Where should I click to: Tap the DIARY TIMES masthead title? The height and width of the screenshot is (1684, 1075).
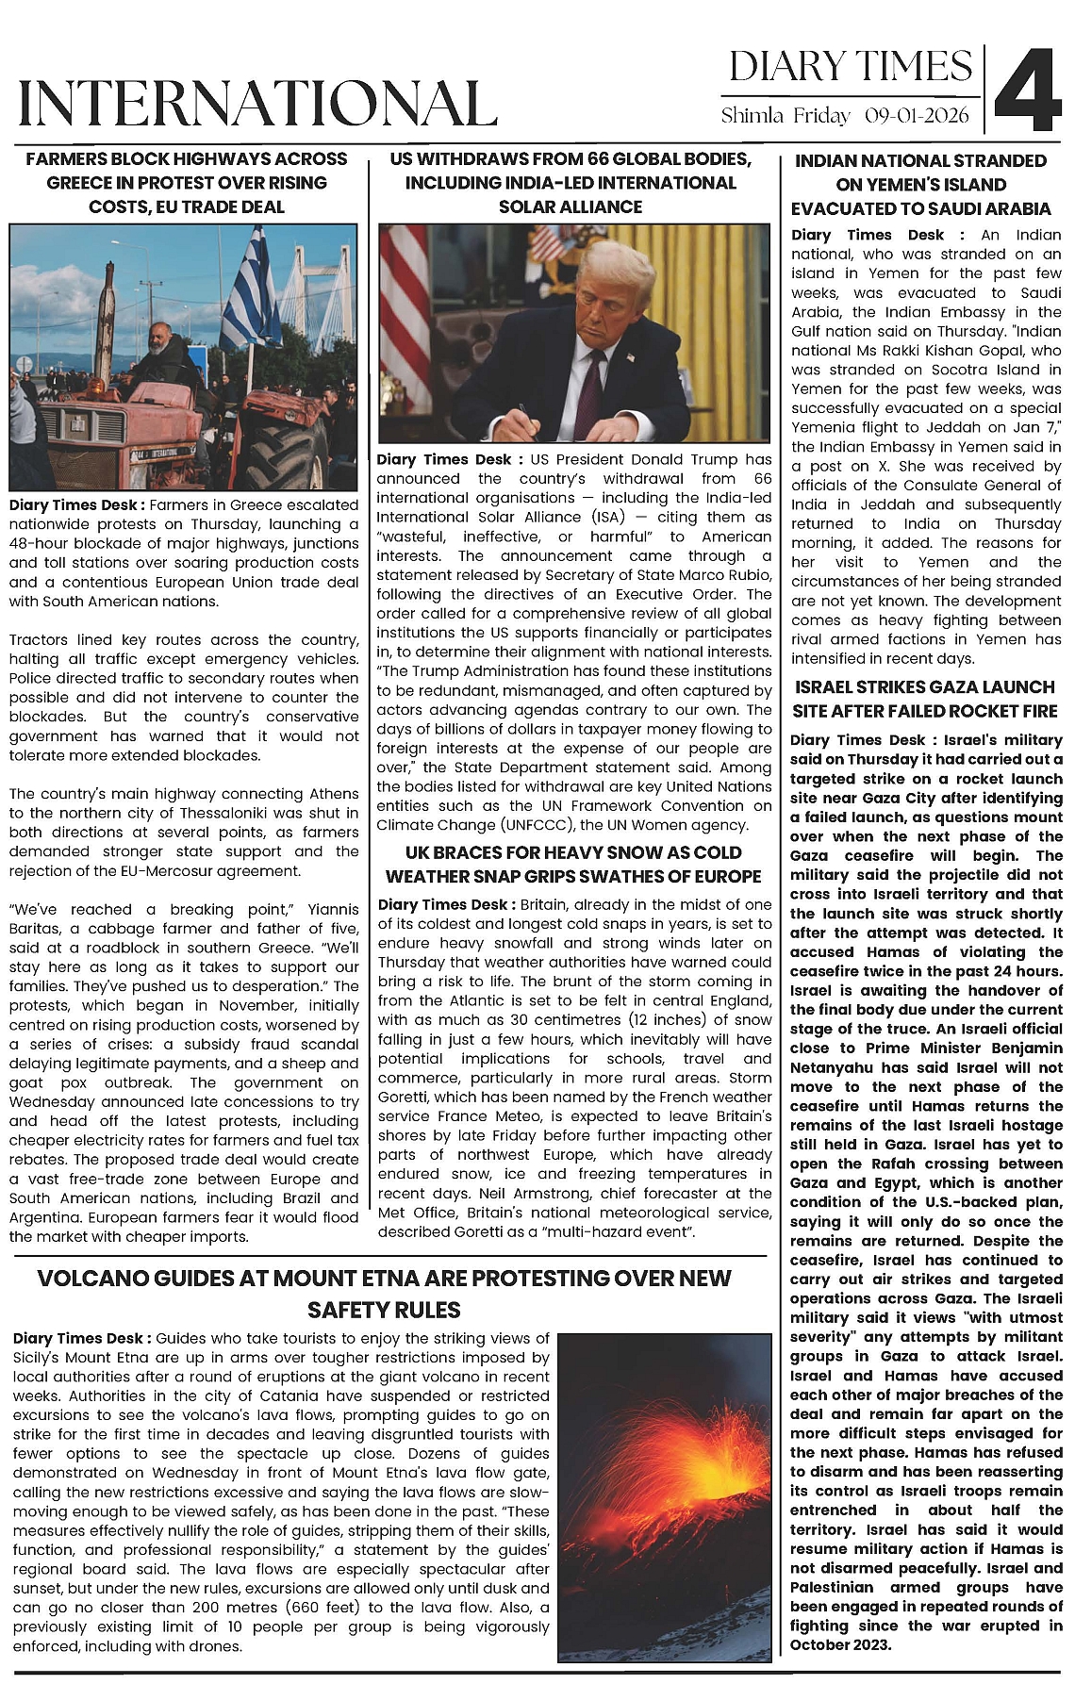(x=851, y=67)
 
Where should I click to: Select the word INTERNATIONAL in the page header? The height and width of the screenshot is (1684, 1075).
(x=257, y=103)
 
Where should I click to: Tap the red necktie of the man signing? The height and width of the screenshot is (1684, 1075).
(x=592, y=386)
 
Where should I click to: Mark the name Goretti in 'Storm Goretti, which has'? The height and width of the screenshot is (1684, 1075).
(x=405, y=1098)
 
